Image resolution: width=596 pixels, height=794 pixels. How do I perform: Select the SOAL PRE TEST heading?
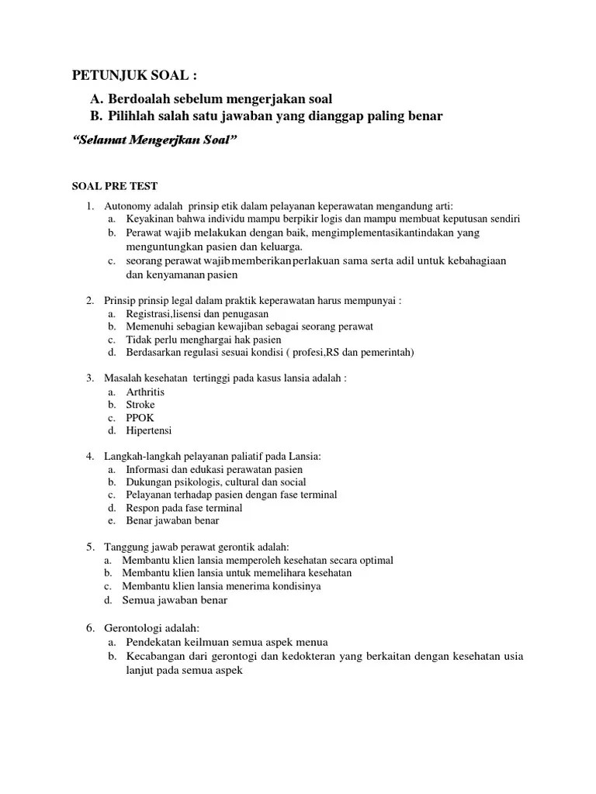click(x=114, y=186)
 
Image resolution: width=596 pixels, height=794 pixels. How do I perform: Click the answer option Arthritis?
click(x=145, y=392)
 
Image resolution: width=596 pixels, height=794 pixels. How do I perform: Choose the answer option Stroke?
click(x=140, y=404)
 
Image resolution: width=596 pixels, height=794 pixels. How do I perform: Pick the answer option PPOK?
click(x=140, y=417)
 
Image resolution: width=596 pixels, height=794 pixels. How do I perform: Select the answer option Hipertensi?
click(x=149, y=430)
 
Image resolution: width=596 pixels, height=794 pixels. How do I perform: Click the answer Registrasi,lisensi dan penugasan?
click(x=197, y=313)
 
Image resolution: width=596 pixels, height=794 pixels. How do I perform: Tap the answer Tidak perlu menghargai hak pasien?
click(x=203, y=339)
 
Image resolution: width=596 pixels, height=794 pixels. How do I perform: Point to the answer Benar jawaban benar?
click(x=172, y=520)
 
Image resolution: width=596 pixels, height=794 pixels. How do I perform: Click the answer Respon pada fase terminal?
click(x=184, y=508)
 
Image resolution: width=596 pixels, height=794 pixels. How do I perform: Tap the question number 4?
click(x=89, y=456)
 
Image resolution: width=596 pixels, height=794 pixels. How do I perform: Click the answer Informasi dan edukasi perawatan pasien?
click(x=214, y=469)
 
